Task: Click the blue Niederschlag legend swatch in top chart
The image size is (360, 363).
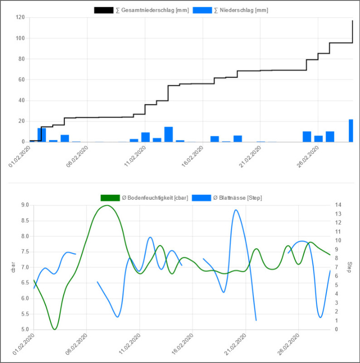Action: pos(202,10)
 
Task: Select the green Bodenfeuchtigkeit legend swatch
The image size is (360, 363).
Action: pos(110,197)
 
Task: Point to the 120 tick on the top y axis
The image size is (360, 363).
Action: pos(20,18)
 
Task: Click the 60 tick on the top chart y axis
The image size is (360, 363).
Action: pos(21,80)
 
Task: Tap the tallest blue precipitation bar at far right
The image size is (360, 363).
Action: pos(350,131)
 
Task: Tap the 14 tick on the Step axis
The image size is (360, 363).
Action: pos(336,205)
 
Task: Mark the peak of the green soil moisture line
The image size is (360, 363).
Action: pos(107,206)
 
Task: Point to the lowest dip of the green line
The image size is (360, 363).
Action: pos(55,329)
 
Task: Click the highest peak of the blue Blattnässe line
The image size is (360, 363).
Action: pos(235,210)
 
